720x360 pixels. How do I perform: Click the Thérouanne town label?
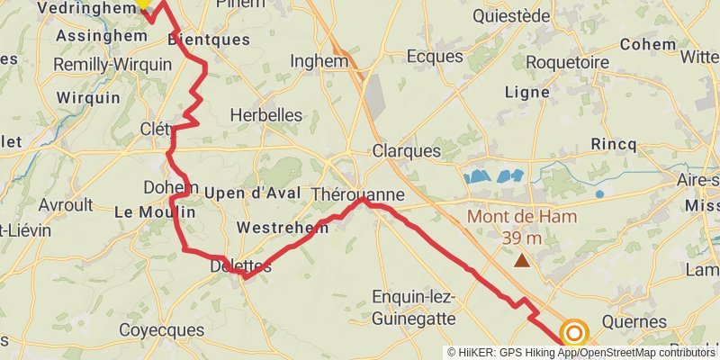357,194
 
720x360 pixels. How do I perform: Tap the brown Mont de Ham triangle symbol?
522,261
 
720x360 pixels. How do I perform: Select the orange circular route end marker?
574,333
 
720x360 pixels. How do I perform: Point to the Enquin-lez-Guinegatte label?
414,308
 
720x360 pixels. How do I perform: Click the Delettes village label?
240,265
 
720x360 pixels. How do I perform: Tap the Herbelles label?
266,115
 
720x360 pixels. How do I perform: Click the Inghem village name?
319,61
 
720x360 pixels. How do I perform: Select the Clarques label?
407,150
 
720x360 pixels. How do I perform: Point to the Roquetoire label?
567,61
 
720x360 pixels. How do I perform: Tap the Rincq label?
614,144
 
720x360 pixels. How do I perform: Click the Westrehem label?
282,228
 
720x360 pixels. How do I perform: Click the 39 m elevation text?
522,238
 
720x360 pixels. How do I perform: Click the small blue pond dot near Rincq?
599,193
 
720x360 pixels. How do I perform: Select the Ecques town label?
435,56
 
